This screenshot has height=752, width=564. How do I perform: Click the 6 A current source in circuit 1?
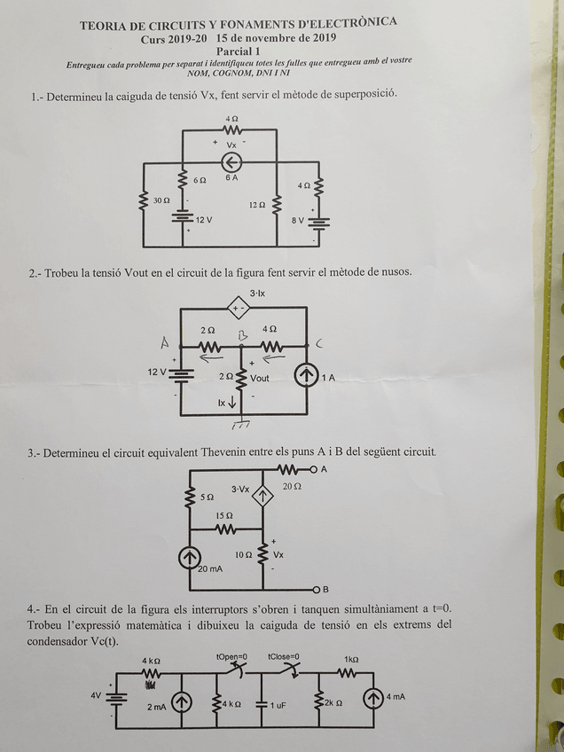click(x=231, y=161)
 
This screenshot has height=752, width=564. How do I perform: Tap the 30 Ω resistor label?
click(x=161, y=201)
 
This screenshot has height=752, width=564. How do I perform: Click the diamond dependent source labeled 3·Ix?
click(x=237, y=309)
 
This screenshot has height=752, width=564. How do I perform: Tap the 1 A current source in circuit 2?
click(x=306, y=377)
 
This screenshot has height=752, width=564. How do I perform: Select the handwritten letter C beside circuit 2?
click(x=319, y=343)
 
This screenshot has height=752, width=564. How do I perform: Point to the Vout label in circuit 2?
click(x=260, y=378)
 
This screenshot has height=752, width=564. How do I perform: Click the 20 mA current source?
click(x=190, y=558)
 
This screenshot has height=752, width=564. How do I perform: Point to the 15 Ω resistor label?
click(x=224, y=516)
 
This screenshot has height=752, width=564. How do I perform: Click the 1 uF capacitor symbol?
click(x=262, y=704)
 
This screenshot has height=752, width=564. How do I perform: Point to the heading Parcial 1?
click(x=239, y=52)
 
